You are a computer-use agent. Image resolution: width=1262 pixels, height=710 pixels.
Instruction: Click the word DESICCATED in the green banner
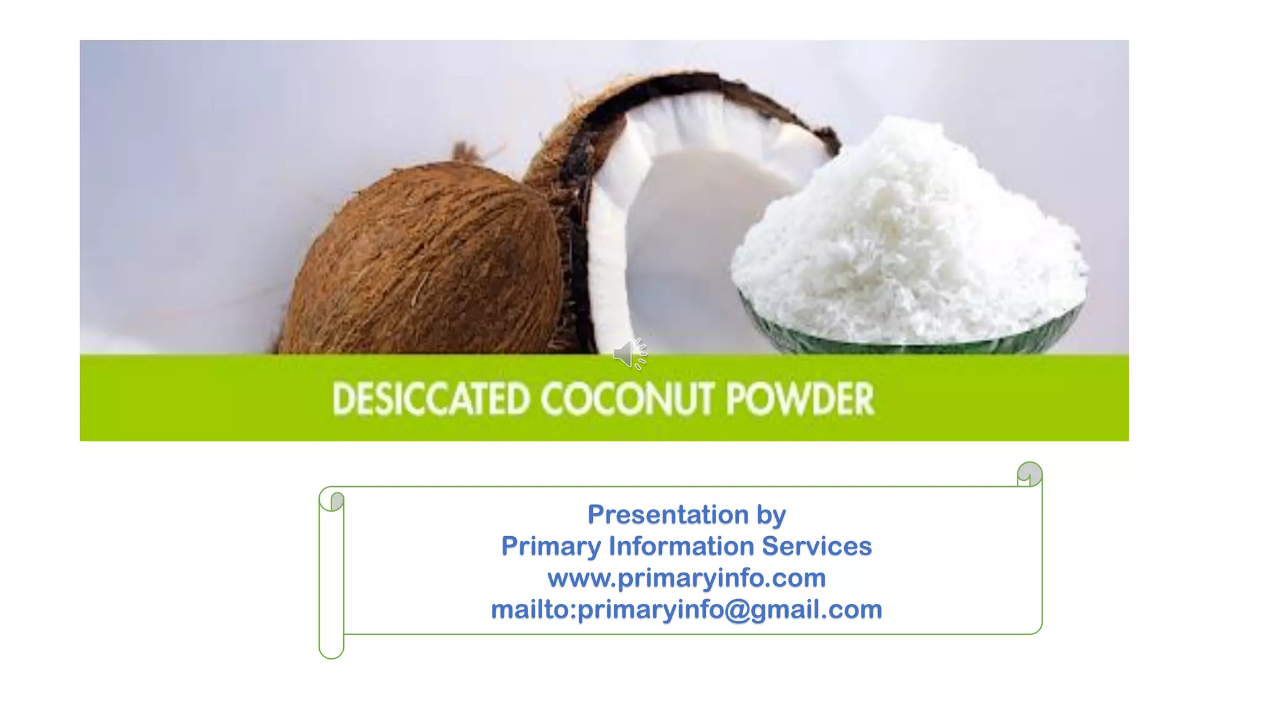click(431, 399)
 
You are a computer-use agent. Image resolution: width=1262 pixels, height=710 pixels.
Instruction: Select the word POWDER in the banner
click(800, 399)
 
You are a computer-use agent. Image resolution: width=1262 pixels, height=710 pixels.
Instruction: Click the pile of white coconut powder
click(906, 234)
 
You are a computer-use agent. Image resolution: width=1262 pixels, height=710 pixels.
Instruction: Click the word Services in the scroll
click(816, 546)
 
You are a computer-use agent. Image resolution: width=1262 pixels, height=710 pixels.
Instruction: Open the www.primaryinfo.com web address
click(686, 578)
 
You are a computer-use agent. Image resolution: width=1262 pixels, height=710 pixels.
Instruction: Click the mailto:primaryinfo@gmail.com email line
click(686, 610)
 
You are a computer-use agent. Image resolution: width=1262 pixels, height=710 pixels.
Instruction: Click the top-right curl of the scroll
click(1030, 474)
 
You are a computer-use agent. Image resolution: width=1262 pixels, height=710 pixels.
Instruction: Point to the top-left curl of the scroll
click(333, 500)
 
